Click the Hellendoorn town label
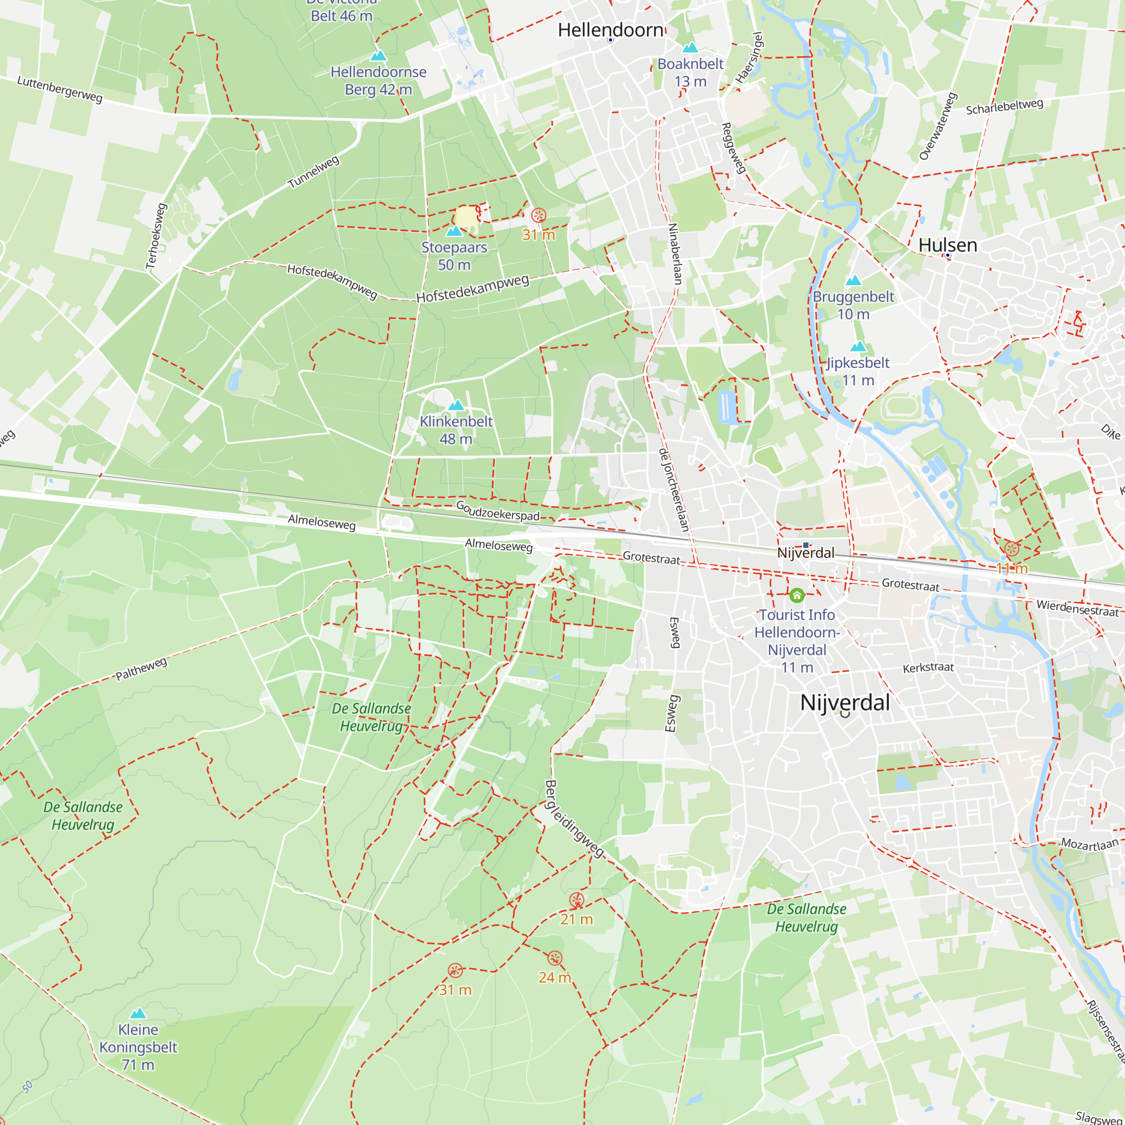610,30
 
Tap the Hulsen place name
947,245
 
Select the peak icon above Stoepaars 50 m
453,231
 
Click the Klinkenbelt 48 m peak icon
456,404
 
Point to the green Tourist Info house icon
796,595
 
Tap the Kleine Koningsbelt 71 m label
138,1047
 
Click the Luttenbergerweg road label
60,89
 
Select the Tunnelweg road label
313,172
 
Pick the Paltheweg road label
142,669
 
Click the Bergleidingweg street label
574,818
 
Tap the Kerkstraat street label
928,667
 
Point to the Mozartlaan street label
1090,843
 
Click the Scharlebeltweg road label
1005,106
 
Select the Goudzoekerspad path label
497,511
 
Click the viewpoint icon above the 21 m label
577,900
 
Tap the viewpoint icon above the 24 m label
555,958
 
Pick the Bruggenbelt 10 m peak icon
853,280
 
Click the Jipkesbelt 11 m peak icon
858,346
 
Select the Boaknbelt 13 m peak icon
690,47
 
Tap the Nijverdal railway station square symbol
806,545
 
